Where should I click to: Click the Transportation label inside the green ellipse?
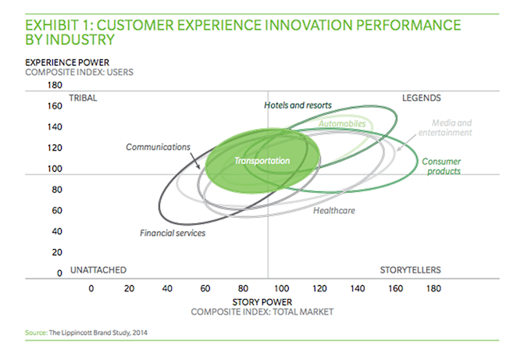point(262,161)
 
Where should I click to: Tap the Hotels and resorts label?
point(298,105)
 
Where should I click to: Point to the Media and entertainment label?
point(452,128)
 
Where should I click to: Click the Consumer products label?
point(441,166)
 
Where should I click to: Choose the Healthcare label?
point(335,210)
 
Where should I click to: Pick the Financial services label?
point(173,233)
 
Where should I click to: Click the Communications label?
point(159,147)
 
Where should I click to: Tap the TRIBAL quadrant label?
point(83,98)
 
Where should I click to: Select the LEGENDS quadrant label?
point(422,98)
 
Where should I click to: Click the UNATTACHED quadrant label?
point(98,270)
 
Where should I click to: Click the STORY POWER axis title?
point(262,301)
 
